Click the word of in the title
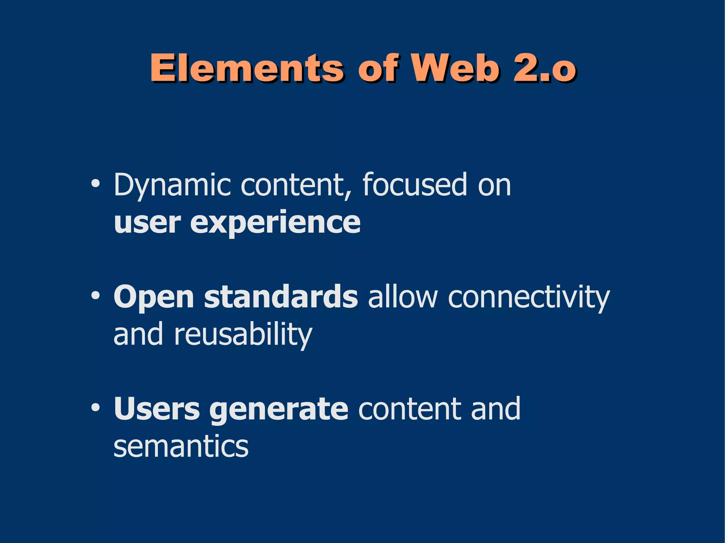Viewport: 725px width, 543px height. point(378,68)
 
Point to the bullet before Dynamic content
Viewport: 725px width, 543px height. point(95,184)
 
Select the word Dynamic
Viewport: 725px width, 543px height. point(172,185)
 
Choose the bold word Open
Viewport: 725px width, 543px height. point(154,297)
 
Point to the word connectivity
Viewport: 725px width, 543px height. point(529,297)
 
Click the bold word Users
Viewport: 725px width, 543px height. point(156,409)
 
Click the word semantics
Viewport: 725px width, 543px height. point(181,446)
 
